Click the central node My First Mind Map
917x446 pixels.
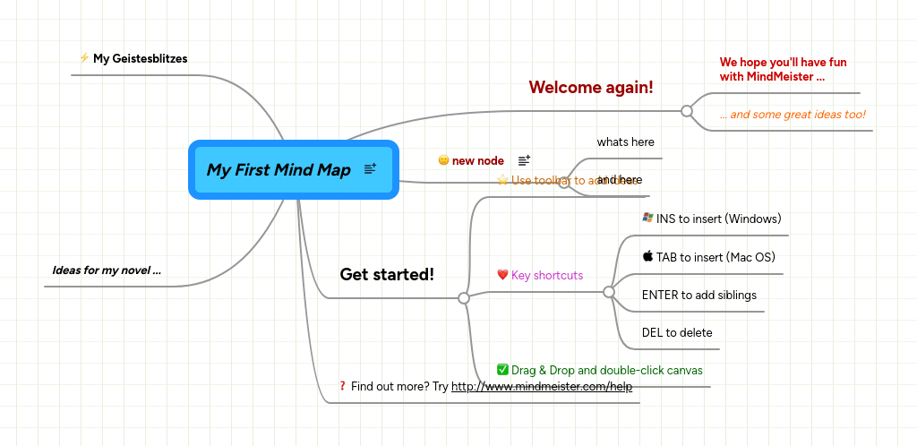279,170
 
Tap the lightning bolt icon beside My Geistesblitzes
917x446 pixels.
84,58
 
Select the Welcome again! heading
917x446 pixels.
590,87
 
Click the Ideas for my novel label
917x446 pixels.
107,270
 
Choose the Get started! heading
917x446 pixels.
387,274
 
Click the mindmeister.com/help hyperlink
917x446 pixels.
541,387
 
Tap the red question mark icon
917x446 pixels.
342,386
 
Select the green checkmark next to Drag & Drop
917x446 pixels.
502,369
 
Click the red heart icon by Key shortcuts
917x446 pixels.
502,275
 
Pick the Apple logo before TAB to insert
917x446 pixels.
647,256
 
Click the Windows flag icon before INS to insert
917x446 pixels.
647,218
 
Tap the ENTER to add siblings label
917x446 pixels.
698,295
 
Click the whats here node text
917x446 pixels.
625,142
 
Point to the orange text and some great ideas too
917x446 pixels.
793,114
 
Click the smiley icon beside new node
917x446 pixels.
443,160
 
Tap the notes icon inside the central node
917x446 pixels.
370,169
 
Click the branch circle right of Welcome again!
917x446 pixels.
687,111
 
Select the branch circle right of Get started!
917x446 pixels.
464,298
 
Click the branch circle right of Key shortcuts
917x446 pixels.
609,292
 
